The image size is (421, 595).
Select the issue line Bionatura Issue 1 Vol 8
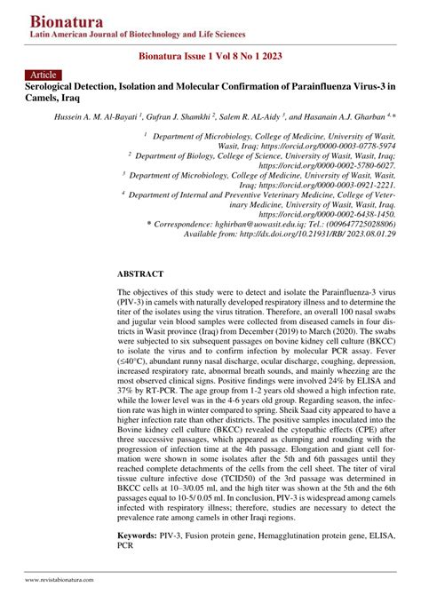pyautogui.click(x=210, y=55)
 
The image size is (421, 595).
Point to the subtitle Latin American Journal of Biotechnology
pyautogui.click(x=124, y=35)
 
